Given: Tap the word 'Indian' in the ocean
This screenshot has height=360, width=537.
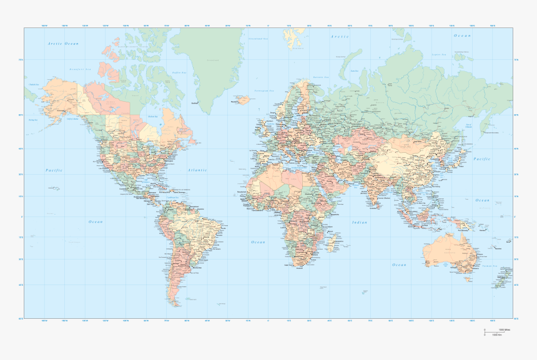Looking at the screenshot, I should click(x=360, y=222).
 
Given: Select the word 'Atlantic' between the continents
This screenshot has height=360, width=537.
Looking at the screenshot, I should click(x=197, y=170).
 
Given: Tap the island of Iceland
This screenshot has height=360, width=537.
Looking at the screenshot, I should click(x=241, y=99).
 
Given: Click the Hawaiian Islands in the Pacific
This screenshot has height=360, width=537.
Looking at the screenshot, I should click(x=55, y=187).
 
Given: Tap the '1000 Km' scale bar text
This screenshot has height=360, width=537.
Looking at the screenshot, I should click(x=497, y=335).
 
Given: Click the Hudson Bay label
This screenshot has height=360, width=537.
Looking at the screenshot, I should click(x=152, y=116).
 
